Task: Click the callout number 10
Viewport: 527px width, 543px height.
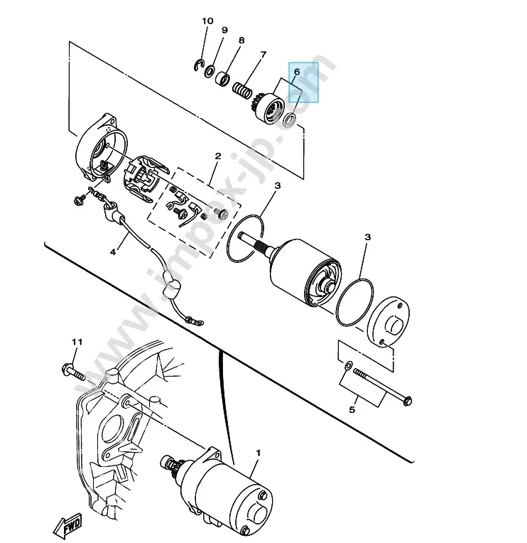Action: click(207, 21)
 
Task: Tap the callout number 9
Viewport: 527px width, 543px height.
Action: click(224, 30)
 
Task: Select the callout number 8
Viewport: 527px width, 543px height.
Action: click(241, 41)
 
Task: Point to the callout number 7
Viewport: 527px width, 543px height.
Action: click(263, 55)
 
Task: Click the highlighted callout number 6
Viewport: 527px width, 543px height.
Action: click(297, 72)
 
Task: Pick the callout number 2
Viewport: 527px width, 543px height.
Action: click(217, 156)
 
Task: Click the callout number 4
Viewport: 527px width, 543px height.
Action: click(113, 252)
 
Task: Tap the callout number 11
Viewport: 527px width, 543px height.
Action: click(77, 342)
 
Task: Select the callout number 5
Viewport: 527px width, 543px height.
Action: click(352, 410)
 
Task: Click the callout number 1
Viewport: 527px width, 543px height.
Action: click(258, 453)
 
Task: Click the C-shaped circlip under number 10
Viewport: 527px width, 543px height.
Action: click(197, 65)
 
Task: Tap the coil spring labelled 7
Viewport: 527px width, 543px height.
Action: click(241, 89)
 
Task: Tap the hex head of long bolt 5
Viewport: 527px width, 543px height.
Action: click(407, 401)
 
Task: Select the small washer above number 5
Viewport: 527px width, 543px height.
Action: click(348, 365)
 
